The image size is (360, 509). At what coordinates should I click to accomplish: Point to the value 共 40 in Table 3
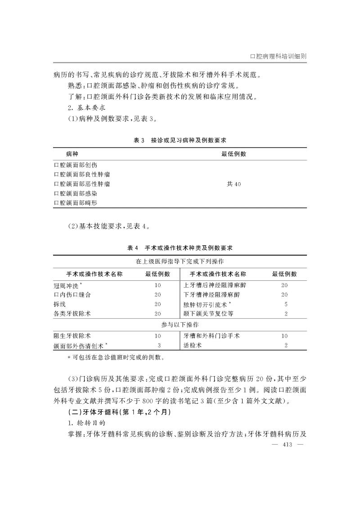(234, 183)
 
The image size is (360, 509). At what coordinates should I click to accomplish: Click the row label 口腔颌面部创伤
(75, 164)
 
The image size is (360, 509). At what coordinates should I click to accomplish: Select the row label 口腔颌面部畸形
(75, 203)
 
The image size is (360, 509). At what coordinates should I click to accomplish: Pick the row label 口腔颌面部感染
(75, 193)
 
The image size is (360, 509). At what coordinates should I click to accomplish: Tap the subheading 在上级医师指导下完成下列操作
(180, 261)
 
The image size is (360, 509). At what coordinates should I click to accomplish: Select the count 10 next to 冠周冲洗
(157, 285)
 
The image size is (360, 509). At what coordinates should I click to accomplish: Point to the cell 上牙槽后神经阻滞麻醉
(215, 285)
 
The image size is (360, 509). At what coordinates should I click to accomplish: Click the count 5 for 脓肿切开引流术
(286, 305)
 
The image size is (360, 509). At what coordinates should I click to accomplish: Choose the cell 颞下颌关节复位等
(209, 314)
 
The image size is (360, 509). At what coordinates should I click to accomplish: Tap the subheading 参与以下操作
(180, 325)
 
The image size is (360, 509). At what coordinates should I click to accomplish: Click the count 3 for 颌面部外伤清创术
(159, 346)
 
